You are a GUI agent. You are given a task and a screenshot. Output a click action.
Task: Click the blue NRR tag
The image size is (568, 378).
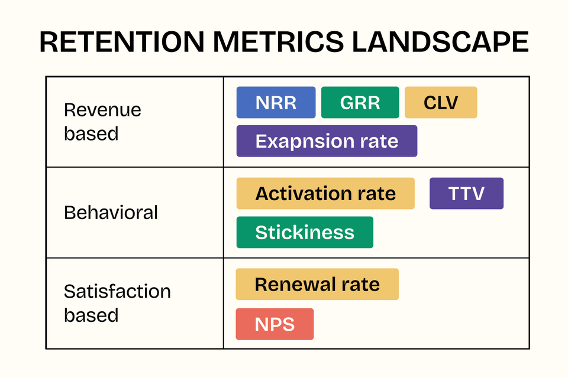pos(276,103)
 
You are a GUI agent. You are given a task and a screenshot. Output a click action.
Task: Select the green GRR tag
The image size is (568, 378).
pos(360,103)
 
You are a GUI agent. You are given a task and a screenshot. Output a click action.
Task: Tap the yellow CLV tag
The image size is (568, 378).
pos(441,103)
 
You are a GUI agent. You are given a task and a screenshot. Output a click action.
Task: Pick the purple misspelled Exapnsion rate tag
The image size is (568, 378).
pos(327,141)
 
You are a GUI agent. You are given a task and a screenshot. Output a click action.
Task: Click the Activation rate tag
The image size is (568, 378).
pos(325,194)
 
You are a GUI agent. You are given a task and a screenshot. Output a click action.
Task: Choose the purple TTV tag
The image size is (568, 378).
pos(466,194)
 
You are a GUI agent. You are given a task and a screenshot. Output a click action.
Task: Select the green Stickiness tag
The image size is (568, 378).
pos(305,232)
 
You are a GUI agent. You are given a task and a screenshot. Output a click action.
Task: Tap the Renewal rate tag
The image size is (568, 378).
pos(317,284)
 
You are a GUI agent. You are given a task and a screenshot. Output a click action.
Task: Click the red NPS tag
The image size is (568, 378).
pos(275,324)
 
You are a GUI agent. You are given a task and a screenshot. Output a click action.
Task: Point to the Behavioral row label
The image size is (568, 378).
pos(111,213)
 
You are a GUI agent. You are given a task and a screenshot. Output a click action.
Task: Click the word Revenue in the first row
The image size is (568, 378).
pos(102,110)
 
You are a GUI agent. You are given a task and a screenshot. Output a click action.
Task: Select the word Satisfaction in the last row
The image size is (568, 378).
pos(117,291)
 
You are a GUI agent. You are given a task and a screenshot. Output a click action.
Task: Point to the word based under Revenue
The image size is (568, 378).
pos(91,134)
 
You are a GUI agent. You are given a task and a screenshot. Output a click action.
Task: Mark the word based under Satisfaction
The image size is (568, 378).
pos(91,315)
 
